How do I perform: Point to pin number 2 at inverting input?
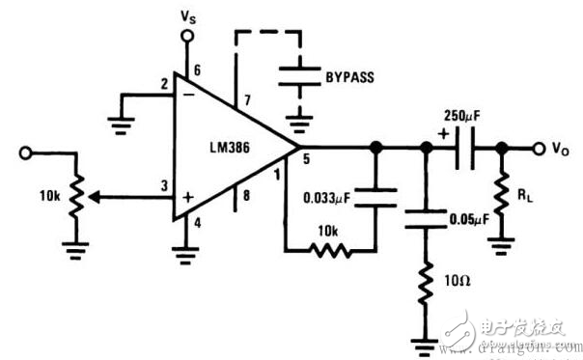(x=164, y=85)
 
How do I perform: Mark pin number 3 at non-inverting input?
(x=164, y=186)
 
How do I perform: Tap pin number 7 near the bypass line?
(x=248, y=101)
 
